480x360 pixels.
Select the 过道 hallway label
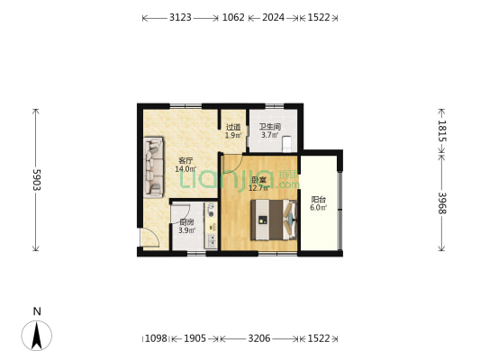[x=233, y=127]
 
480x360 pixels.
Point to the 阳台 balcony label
[x=318, y=200]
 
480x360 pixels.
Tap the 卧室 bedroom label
[x=258, y=180]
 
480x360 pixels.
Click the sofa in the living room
[x=153, y=167]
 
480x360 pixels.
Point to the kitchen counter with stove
[x=212, y=223]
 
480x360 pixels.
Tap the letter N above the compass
[x=37, y=311]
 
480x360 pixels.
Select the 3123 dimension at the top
[x=180, y=17]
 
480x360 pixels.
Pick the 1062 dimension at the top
[x=233, y=17]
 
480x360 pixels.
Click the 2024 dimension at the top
[x=273, y=17]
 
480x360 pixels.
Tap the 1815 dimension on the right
[x=442, y=130]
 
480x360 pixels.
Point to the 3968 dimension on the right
[x=442, y=203]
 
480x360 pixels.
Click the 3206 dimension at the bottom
[x=258, y=338]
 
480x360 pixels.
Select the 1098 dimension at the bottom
[x=156, y=338]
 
